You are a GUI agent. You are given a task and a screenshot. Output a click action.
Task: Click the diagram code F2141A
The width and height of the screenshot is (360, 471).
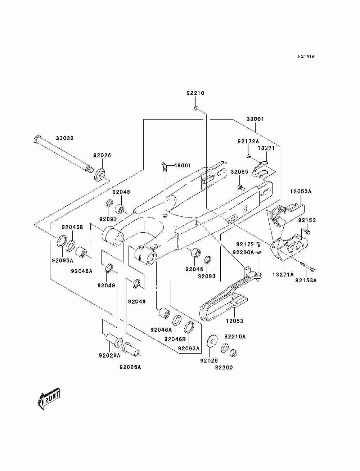[x=306, y=57]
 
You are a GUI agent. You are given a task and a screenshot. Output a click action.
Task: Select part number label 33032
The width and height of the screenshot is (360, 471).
[x=65, y=138]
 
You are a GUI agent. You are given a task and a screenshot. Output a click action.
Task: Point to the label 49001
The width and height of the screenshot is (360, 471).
[x=182, y=165]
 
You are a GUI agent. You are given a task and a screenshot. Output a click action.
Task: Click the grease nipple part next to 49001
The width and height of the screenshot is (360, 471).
[x=164, y=167]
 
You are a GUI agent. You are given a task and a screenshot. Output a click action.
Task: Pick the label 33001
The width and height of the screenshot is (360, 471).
[x=255, y=119]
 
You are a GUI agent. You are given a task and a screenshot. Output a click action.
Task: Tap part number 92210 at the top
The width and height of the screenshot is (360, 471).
[x=195, y=93]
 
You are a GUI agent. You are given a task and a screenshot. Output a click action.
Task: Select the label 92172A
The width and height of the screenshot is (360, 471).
[x=248, y=142]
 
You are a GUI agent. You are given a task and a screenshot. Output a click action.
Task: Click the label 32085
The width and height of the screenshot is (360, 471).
[x=239, y=172]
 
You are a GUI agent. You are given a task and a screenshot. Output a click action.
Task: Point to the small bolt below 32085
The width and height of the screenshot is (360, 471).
[x=241, y=188]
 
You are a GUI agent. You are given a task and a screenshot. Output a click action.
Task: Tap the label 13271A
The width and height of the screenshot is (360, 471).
[x=283, y=274]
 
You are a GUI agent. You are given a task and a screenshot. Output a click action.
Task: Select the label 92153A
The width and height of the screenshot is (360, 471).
[x=306, y=280]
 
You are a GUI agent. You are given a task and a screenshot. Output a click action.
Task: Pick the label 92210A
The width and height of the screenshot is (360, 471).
[x=235, y=337]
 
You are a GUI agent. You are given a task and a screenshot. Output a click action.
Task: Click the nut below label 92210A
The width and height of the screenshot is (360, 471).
[x=233, y=353]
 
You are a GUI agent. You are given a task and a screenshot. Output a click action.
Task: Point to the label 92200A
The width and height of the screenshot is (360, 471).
[x=243, y=252]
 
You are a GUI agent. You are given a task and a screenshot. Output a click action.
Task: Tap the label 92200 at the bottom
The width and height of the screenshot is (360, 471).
[x=224, y=368]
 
